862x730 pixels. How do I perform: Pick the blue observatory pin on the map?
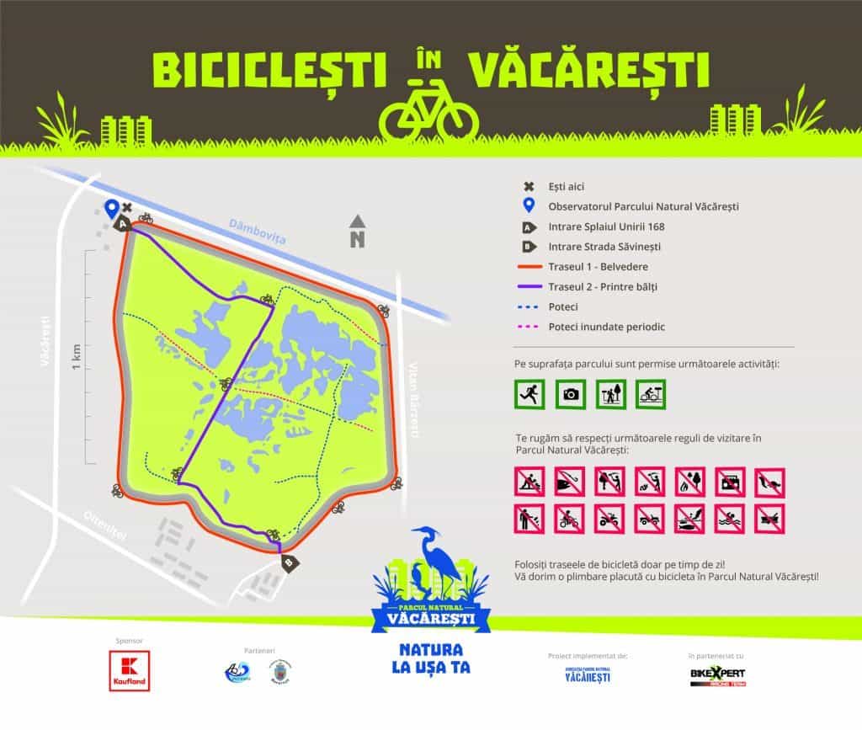[x=111, y=208]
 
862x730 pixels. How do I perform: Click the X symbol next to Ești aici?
[x=529, y=187]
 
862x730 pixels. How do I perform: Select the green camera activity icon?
[x=571, y=393]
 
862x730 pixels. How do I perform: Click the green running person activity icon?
[x=530, y=393]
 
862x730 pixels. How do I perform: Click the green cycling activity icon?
[x=651, y=393]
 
